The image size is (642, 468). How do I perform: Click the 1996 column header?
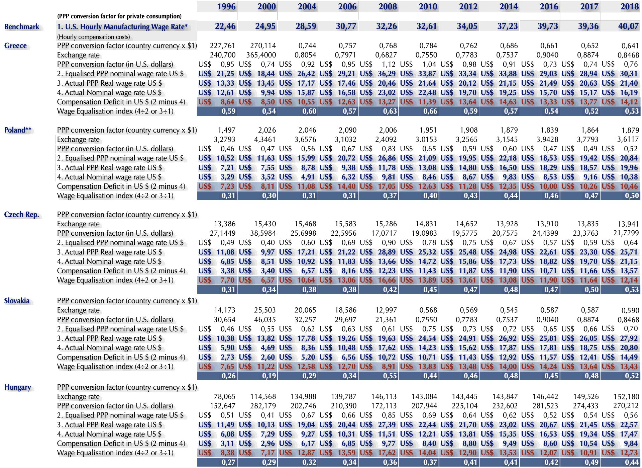226,6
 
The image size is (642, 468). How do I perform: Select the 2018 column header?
629,6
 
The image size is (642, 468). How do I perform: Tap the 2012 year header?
468,6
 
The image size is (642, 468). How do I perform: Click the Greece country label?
15,46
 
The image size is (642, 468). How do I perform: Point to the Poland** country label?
18,130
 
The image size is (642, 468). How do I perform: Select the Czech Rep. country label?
21,215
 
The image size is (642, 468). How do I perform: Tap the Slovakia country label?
17,301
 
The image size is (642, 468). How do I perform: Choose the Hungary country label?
17,387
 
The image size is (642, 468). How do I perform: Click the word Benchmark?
22,26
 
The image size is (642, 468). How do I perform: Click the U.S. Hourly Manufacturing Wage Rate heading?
122,26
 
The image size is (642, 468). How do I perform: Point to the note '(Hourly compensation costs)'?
93,37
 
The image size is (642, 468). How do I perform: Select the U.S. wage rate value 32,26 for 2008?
387,26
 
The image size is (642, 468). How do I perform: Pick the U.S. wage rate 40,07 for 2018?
628,26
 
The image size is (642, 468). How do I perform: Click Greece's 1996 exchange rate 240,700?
223,55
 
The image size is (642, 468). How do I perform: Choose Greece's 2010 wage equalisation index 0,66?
430,111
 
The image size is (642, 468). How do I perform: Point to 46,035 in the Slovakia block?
265,320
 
